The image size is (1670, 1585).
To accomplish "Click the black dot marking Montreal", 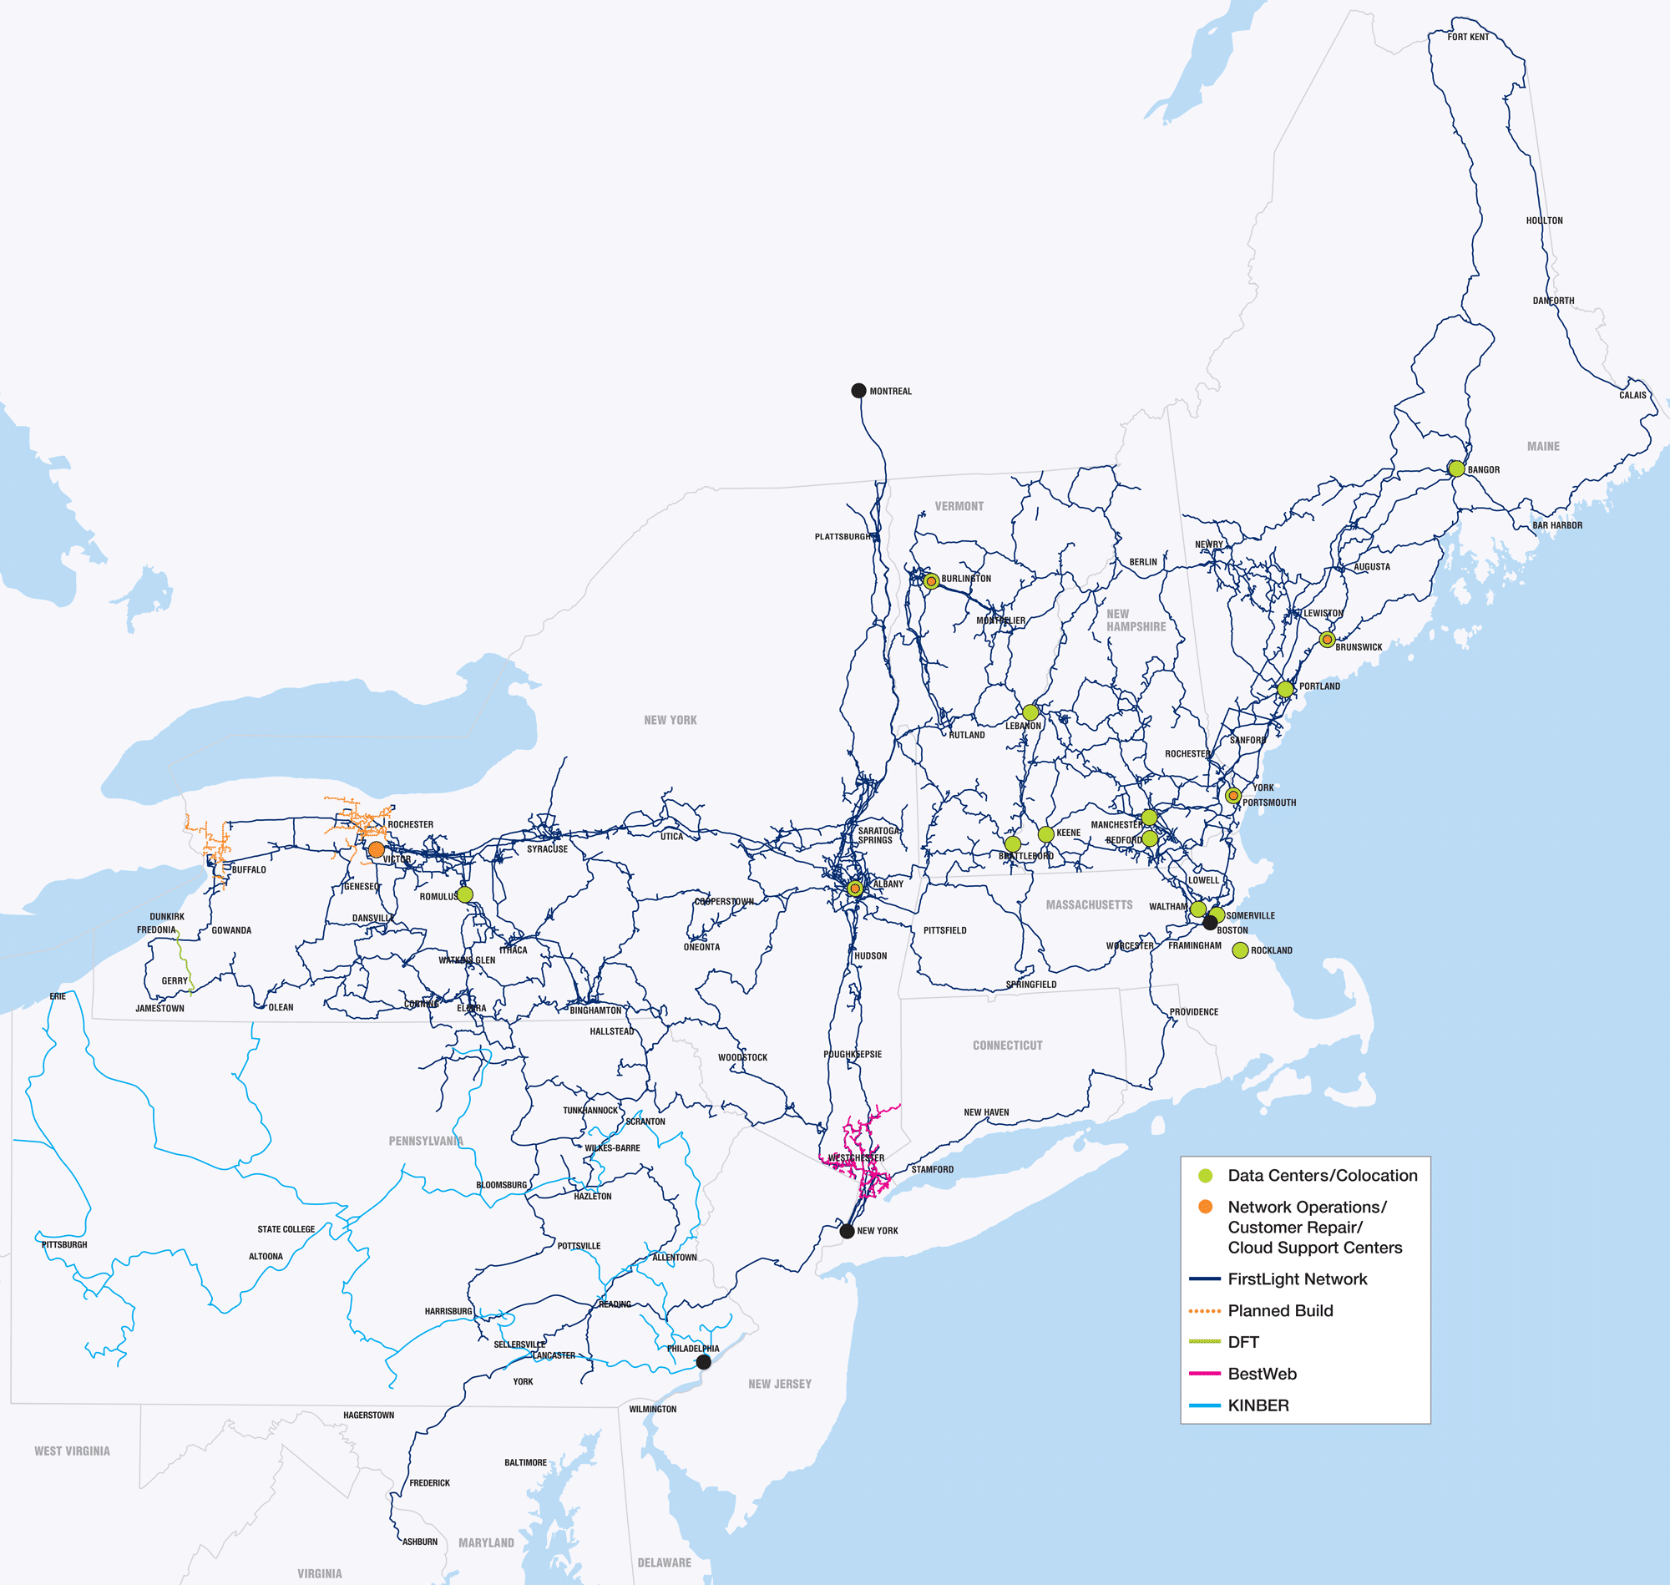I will (x=858, y=390).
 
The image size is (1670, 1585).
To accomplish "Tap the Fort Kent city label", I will (x=1468, y=38).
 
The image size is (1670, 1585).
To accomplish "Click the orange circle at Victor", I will (x=377, y=849).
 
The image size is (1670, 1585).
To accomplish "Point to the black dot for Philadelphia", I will (x=704, y=1362).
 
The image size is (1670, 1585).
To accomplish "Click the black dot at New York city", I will (x=848, y=1231).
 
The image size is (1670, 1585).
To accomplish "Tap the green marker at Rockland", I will (x=1240, y=950).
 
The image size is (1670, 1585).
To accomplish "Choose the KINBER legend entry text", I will (x=1258, y=1405).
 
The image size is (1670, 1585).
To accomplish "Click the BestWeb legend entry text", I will (x=1262, y=1374).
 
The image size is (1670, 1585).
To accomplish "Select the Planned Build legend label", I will (x=1280, y=1310).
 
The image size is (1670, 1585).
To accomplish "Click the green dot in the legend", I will (x=1206, y=1175).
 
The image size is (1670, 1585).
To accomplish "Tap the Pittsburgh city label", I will (x=64, y=1244).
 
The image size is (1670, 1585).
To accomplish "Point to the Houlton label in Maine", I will (x=1544, y=220).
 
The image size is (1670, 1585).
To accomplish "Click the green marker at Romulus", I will (x=464, y=894).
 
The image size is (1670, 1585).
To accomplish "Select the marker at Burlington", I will (x=931, y=581).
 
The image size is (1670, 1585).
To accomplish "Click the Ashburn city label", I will (x=420, y=1542).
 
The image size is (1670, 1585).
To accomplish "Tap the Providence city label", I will (x=1193, y=1011).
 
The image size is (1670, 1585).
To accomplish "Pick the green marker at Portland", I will (x=1285, y=690).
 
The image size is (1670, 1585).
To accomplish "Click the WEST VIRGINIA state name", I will (x=72, y=1451).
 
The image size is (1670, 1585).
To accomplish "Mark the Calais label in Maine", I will (x=1632, y=394).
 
